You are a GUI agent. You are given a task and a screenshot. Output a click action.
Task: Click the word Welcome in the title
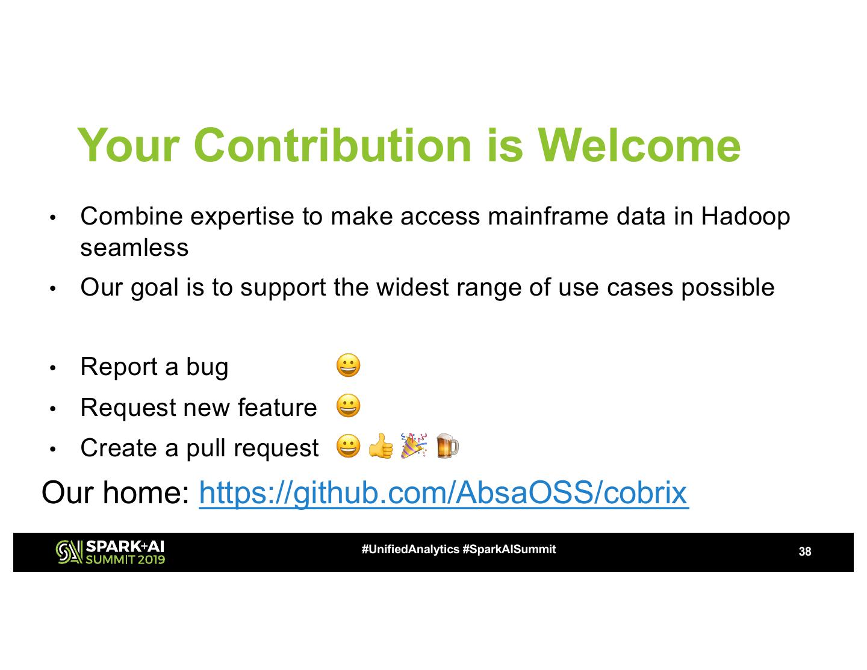click(x=639, y=145)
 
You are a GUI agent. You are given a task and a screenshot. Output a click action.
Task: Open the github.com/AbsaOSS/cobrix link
click(x=443, y=492)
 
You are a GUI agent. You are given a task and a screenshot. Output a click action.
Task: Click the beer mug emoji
click(x=447, y=446)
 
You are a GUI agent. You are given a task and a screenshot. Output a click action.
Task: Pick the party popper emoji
click(x=414, y=445)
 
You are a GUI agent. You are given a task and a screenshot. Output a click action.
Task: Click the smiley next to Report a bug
click(x=349, y=365)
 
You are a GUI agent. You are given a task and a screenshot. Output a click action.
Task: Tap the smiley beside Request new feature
click(x=349, y=406)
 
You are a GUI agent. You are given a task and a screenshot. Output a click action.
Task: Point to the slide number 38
click(x=804, y=551)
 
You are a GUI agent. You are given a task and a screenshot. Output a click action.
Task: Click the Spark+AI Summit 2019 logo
click(x=110, y=552)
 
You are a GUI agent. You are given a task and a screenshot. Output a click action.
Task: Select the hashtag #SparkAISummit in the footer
click(x=509, y=550)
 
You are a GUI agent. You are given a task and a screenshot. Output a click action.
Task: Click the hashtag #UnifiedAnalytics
click(x=410, y=550)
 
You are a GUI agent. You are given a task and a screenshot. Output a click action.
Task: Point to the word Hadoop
click(x=745, y=216)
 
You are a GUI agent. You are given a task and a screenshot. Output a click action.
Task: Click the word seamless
click(x=134, y=247)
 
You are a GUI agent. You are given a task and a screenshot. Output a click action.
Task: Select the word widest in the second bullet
click(x=412, y=287)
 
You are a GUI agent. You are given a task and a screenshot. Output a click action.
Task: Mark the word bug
click(x=207, y=367)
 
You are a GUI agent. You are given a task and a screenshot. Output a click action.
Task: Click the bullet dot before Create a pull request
click(x=53, y=449)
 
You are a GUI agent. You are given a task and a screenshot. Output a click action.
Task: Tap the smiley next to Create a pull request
click(x=349, y=447)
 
